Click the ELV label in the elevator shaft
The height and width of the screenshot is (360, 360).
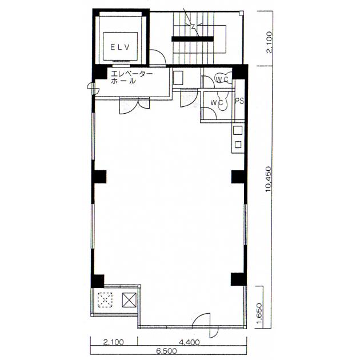tap(120, 47)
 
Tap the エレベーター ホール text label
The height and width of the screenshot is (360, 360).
tap(131, 77)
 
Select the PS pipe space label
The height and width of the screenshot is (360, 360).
tap(239, 101)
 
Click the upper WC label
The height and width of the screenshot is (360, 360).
tap(222, 79)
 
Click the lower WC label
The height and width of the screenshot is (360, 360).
tap(217, 103)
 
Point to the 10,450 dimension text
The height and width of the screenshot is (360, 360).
tap(268, 179)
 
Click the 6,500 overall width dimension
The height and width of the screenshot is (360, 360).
tap(167, 351)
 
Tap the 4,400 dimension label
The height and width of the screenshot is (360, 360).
tap(189, 342)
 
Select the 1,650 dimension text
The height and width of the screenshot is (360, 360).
tap(259, 314)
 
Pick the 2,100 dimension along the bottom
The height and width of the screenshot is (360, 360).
tap(113, 342)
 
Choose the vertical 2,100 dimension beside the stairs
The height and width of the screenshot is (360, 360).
tap(269, 42)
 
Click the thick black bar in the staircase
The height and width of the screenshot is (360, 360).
tap(193, 39)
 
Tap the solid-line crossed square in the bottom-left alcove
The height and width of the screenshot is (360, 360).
tap(129, 300)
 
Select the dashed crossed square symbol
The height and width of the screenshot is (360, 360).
tap(105, 300)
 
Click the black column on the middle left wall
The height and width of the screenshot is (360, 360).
tap(99, 177)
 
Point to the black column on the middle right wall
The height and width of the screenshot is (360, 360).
tap(239, 177)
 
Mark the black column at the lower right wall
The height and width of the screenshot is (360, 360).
tap(238, 279)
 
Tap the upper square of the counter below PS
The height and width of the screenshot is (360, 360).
tap(238, 130)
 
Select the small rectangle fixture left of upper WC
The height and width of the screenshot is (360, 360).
tap(178, 78)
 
